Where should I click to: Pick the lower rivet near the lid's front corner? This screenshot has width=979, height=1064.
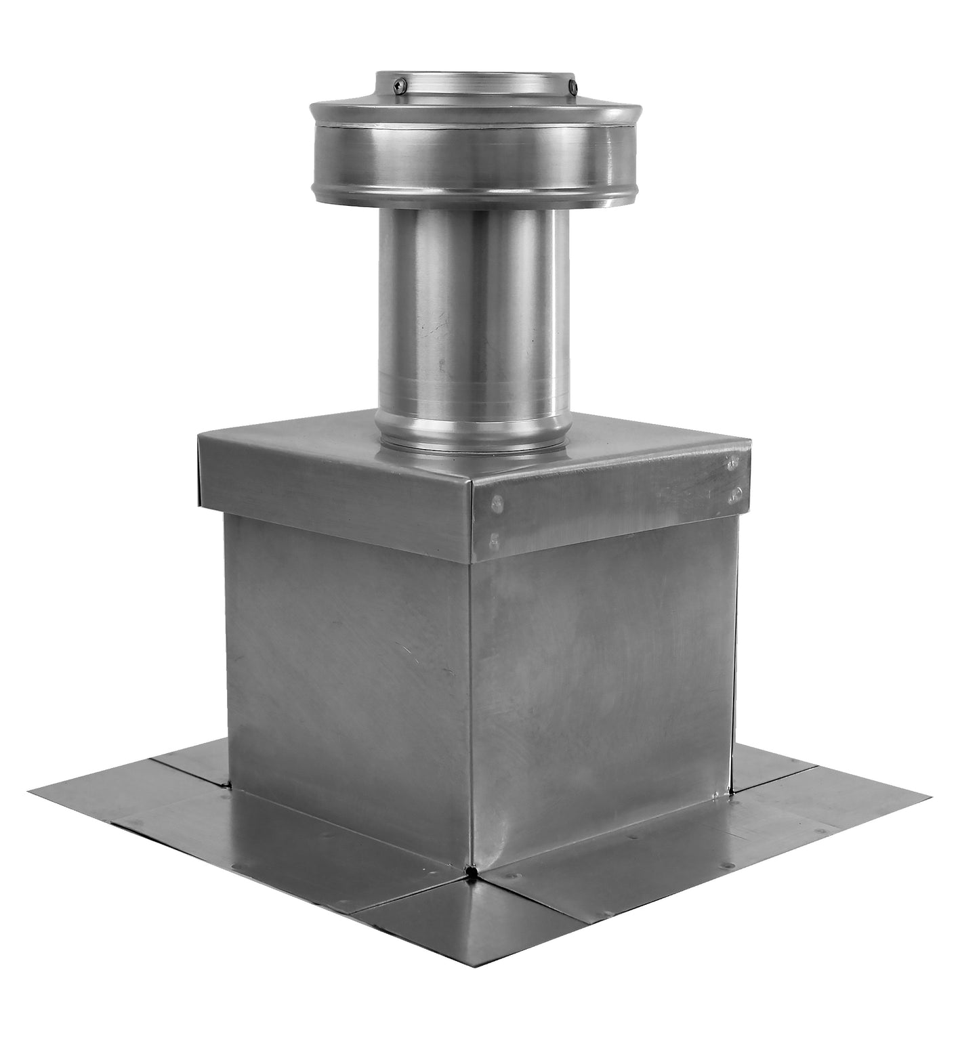coord(493,540)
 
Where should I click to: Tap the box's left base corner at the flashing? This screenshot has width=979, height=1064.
coord(232,786)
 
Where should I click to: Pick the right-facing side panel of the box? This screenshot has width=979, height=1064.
coord(603,684)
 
